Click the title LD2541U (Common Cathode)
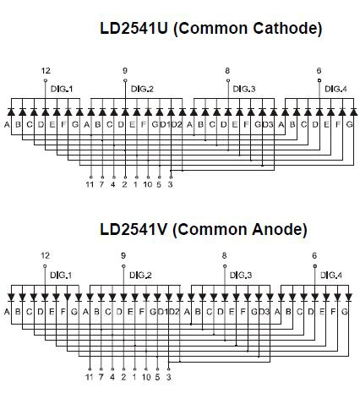(x=211, y=28)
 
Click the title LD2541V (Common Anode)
(x=204, y=229)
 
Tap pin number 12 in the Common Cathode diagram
(x=46, y=71)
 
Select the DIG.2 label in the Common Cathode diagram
(x=142, y=89)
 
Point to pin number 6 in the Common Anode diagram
(x=314, y=255)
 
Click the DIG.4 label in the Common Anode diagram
(x=331, y=275)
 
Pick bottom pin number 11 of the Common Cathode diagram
(x=90, y=184)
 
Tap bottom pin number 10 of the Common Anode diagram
(x=146, y=377)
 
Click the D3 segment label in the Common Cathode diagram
(x=268, y=124)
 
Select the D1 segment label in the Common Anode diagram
(x=162, y=312)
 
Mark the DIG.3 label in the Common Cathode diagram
(x=244, y=89)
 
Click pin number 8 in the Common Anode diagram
(x=224, y=255)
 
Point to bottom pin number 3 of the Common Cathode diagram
(x=170, y=184)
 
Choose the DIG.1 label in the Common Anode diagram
(x=61, y=275)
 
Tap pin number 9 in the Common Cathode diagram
(x=125, y=71)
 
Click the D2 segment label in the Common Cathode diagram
(x=177, y=124)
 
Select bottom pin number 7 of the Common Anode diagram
(x=101, y=377)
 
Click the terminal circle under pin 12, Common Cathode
(x=46, y=80)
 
